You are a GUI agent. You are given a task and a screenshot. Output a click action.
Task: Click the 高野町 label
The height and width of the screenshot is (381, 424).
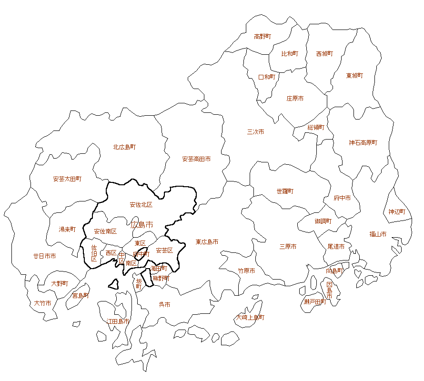point(262,36)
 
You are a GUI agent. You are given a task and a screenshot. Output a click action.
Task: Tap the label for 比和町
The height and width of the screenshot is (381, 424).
point(289,54)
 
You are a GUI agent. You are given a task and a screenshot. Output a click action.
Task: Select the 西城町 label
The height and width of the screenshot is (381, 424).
point(324,54)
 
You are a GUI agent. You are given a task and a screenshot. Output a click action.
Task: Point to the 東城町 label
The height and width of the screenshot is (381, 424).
point(354,76)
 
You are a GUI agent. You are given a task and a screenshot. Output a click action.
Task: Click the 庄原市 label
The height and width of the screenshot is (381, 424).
point(295,99)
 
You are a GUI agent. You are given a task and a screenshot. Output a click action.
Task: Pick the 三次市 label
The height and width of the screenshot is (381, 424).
point(255,132)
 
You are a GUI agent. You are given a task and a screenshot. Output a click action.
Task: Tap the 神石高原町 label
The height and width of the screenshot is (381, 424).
point(363,142)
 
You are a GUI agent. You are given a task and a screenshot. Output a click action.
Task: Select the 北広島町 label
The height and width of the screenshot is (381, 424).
point(124,147)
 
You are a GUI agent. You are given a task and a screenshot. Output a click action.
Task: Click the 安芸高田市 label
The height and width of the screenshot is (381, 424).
point(196,159)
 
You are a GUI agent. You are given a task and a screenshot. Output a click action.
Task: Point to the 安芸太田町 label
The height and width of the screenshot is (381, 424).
point(67,179)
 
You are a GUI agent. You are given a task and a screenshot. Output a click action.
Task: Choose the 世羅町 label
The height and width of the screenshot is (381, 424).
point(285,191)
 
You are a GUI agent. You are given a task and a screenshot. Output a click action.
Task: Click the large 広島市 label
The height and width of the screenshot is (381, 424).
point(141,224)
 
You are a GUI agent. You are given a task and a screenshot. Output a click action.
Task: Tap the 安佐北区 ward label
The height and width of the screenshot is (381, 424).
point(141,205)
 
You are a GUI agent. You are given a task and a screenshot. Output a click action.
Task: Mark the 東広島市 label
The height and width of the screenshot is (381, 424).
point(207,242)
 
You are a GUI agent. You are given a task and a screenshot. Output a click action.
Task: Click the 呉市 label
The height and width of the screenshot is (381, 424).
point(164,304)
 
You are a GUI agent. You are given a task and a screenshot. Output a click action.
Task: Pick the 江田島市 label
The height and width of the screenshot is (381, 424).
point(118,321)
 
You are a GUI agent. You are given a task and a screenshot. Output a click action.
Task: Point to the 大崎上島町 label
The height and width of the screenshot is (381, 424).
point(251,317)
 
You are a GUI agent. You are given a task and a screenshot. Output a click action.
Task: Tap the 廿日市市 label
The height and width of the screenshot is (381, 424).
point(44,256)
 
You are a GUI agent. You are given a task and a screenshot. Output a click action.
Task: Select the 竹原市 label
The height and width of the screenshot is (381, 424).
point(246,271)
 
